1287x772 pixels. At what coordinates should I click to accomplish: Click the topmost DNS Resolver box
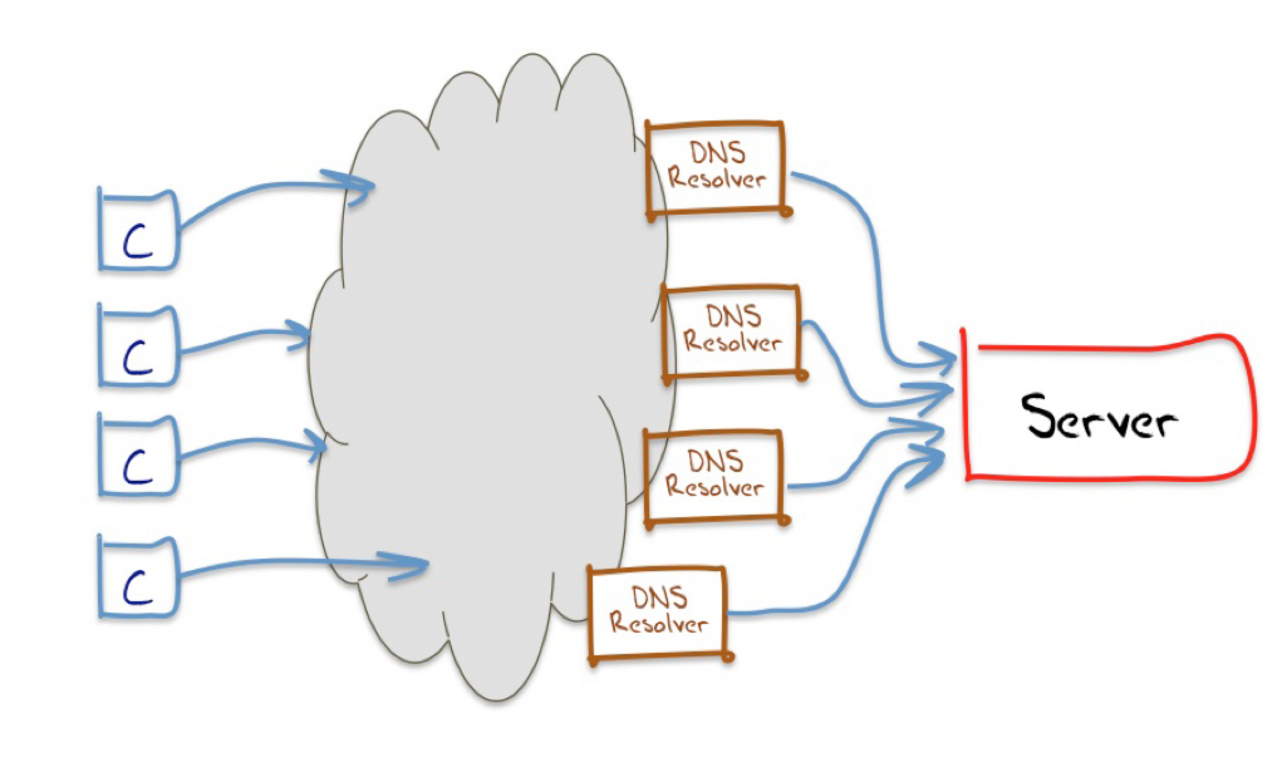[716, 168]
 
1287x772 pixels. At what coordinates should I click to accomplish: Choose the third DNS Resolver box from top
[715, 476]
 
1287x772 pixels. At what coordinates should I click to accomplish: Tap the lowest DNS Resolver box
[659, 613]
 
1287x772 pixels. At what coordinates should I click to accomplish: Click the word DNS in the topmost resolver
[717, 153]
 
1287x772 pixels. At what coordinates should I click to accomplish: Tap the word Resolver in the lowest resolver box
[659, 624]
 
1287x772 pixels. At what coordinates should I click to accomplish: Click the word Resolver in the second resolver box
[733, 343]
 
